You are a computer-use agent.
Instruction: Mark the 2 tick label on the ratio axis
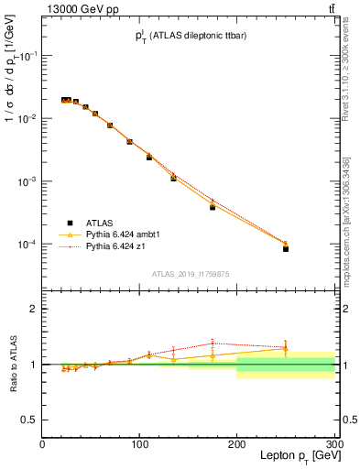[x=34, y=309]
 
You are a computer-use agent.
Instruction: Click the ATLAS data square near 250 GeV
[x=286, y=248]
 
